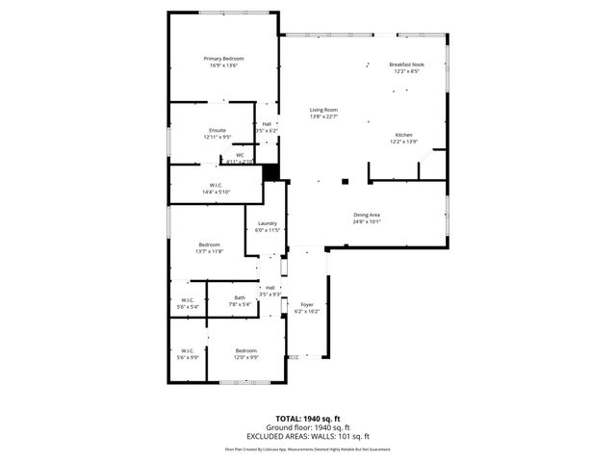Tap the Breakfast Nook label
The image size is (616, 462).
[406, 64]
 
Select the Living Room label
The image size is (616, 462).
[323, 110]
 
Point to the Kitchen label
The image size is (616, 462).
[404, 134]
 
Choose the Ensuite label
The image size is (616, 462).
[218, 130]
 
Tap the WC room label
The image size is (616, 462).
[240, 155]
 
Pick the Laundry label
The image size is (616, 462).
[267, 223]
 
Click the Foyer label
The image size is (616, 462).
[307, 304]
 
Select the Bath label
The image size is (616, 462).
[240, 297]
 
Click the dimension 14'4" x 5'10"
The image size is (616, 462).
[217, 192]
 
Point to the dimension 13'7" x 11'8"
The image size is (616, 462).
[210, 251]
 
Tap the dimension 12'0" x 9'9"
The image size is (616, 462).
[245, 357]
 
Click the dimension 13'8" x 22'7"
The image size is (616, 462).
[323, 116]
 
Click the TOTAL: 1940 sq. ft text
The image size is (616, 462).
[308, 420]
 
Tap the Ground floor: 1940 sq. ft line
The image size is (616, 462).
[308, 427]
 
